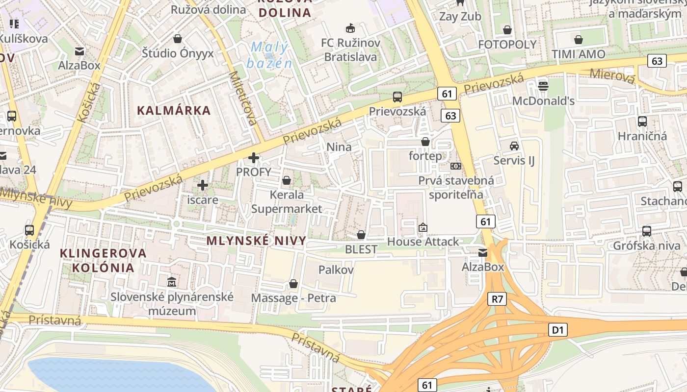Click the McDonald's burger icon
tap(543, 86)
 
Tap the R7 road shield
tap(497, 299)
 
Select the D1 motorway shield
tap(558, 330)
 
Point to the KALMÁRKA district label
tap(174, 110)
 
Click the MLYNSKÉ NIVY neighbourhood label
tap(256, 241)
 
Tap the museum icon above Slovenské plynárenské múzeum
tap(172, 282)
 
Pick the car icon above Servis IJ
tap(514, 146)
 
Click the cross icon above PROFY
tap(253, 158)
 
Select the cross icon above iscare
tap(202, 185)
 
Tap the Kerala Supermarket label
tap(287, 201)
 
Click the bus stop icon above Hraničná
tap(642, 122)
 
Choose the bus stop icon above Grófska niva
tap(647, 231)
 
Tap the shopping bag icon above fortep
tap(425, 142)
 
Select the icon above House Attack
tap(423, 227)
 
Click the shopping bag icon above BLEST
tap(361, 235)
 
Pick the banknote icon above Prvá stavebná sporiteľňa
tap(456, 166)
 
